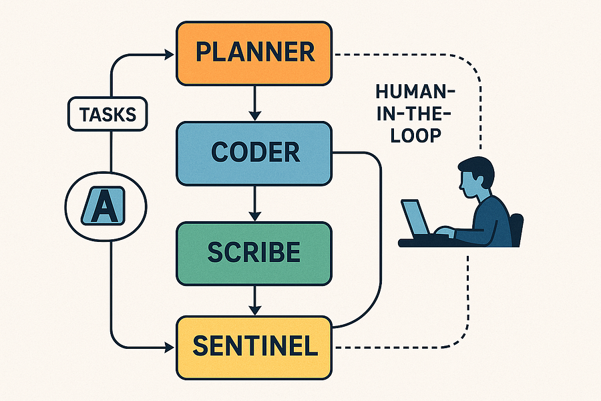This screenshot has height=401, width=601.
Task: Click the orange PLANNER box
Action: tap(254, 52)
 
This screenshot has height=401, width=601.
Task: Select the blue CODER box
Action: tap(254, 152)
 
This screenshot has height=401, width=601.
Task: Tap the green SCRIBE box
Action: tap(254, 252)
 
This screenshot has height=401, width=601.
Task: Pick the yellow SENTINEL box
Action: tap(254, 346)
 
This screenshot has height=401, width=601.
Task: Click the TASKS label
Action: tap(108, 114)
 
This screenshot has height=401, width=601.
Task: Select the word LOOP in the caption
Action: tap(414, 135)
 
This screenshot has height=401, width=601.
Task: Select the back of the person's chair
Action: tap(516, 227)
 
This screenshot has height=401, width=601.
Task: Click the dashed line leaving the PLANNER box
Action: tap(401, 54)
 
